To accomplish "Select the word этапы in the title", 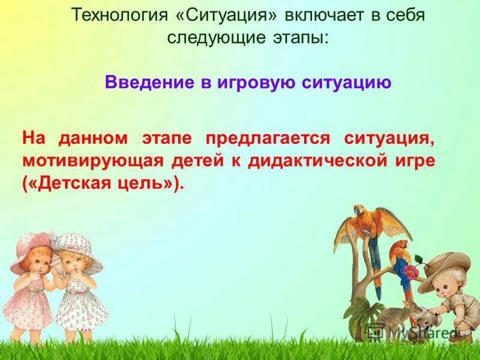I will (299, 37).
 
